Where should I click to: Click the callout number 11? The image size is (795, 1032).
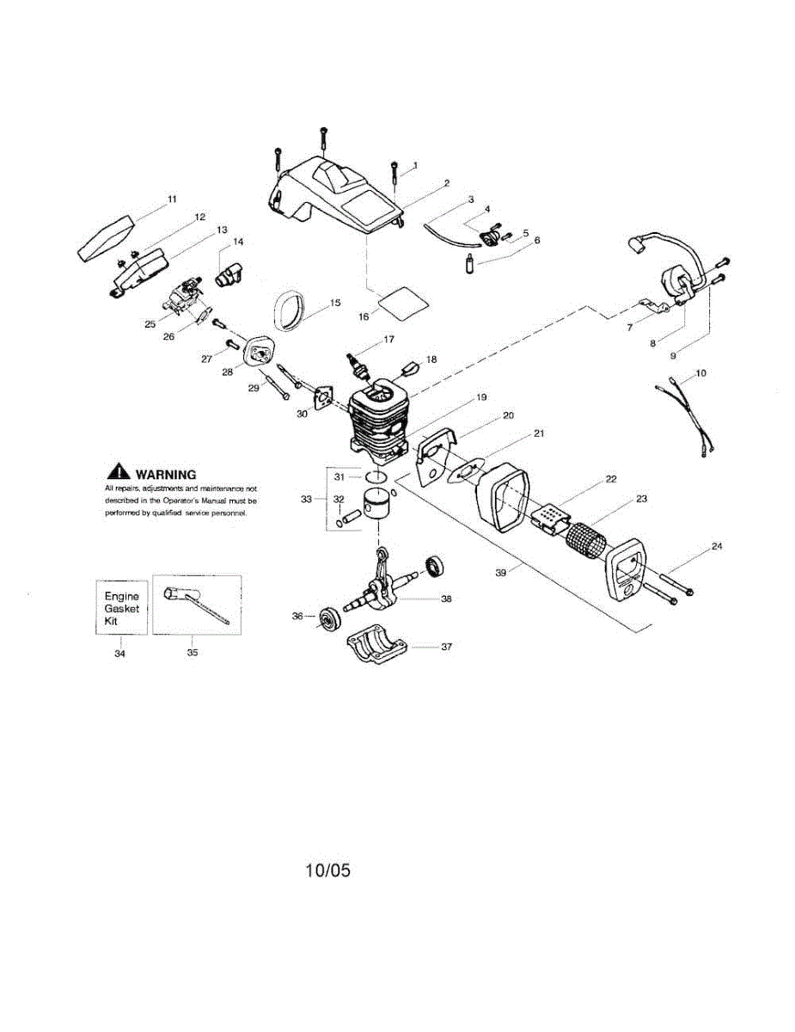coord(172,199)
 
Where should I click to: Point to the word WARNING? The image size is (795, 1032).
coord(166,474)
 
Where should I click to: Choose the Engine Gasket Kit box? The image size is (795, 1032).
coord(120,607)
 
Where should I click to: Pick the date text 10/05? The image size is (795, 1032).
coord(327,870)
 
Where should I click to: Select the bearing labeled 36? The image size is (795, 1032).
coord(327,618)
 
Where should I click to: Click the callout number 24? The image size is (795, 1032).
coord(717,547)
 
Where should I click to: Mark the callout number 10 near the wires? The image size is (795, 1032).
coord(701,372)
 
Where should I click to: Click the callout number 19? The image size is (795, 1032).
coord(480,397)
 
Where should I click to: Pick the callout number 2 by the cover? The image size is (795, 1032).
coord(447,182)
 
